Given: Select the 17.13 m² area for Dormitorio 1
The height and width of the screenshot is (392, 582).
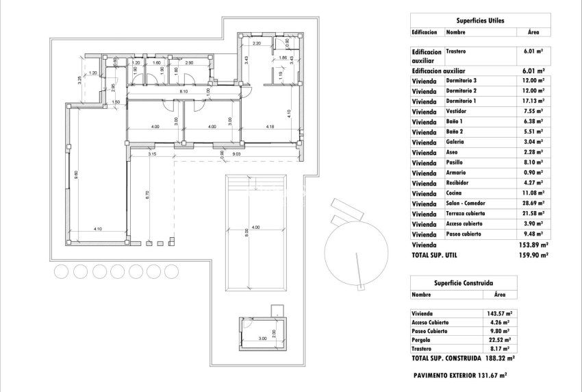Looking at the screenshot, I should [x=532, y=101].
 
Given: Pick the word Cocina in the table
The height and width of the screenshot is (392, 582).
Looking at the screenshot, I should [x=455, y=193].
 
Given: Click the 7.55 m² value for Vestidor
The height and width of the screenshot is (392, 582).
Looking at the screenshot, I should [x=532, y=111].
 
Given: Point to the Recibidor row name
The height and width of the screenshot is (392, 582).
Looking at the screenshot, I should [x=458, y=183].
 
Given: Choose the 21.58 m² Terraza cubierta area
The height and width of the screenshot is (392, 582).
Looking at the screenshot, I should [x=532, y=214].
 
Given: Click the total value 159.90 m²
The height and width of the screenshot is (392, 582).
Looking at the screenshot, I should [x=534, y=255].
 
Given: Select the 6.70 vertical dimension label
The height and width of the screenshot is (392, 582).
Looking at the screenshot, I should [x=147, y=194].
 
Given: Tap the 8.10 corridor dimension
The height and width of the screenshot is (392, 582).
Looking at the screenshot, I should [x=183, y=91].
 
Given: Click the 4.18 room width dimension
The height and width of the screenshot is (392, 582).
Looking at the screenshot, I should [x=270, y=126].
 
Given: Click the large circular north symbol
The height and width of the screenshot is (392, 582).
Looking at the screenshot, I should [x=353, y=245].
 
